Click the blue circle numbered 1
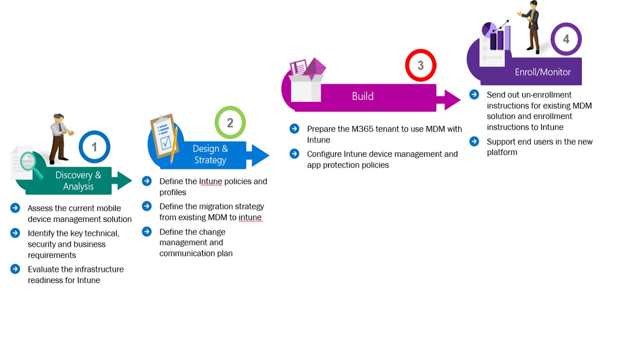[94, 147]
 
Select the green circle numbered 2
[230, 122]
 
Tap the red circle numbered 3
[420, 65]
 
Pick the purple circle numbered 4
[566, 39]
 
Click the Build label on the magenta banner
[362, 96]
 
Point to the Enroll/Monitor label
[542, 72]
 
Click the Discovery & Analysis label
[78, 180]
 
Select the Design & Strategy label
[210, 154]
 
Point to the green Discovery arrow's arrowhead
[123, 180]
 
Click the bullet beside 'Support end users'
[474, 141]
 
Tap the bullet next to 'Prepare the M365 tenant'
[294, 129]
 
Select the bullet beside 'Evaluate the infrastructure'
[15, 269]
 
